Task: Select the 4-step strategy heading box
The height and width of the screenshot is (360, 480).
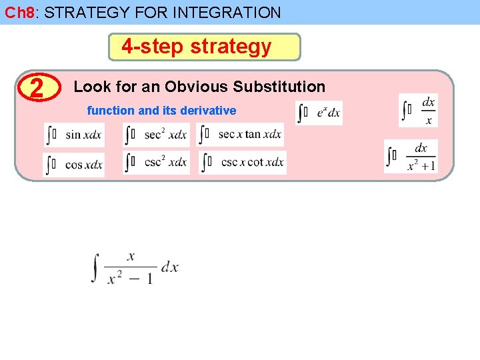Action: coord(204,47)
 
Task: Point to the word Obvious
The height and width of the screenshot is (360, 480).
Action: coord(197,87)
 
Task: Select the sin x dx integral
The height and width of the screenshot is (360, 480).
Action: coord(74,135)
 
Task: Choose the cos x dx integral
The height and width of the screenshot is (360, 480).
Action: coord(74,164)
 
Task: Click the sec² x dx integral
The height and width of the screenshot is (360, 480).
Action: coord(157,135)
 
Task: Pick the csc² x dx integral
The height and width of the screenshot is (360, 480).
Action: coord(157,163)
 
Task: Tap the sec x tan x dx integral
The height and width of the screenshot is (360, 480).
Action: coord(241,134)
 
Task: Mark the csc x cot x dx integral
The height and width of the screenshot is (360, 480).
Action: coord(243,163)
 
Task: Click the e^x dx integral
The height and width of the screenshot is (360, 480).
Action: coord(319,113)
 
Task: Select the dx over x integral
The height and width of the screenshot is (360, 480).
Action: coord(419,111)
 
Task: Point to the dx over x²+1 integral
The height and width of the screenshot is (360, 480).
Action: coord(411,157)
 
